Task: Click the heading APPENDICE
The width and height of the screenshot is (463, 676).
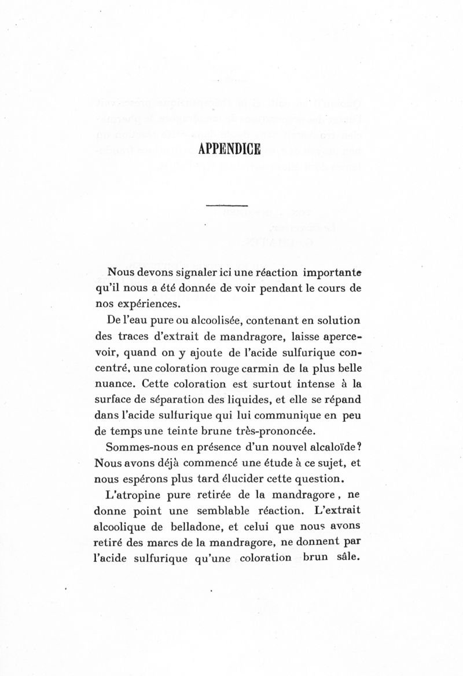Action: click(x=229, y=149)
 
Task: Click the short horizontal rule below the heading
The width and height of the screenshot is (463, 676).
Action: click(x=227, y=206)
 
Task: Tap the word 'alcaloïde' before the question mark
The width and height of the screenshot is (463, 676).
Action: click(x=332, y=448)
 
